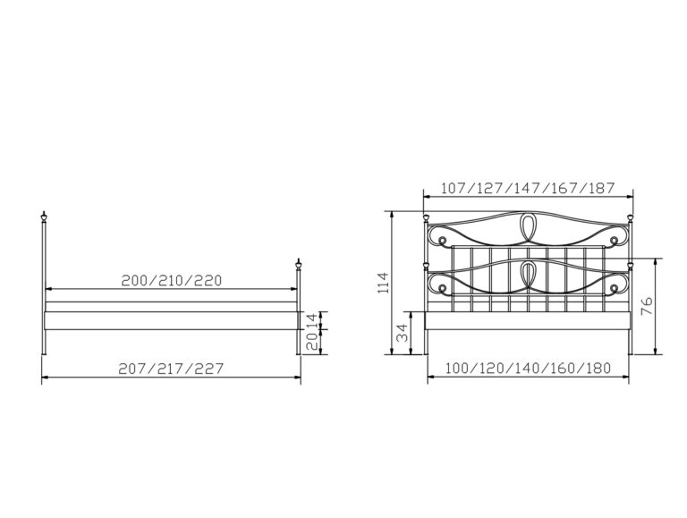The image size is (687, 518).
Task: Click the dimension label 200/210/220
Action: coord(172,281)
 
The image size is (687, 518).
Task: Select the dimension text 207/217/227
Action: coord(171,369)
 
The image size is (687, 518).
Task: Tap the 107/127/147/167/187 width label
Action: coord(528,188)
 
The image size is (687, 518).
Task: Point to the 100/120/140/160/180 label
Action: coord(528,368)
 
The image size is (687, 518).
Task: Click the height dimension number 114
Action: coord(383,283)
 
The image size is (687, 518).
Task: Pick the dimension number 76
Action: coord(646,306)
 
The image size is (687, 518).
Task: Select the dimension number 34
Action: coord(402,333)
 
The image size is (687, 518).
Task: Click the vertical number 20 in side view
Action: coord(311,341)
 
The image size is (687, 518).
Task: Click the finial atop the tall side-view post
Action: coord(44,217)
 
